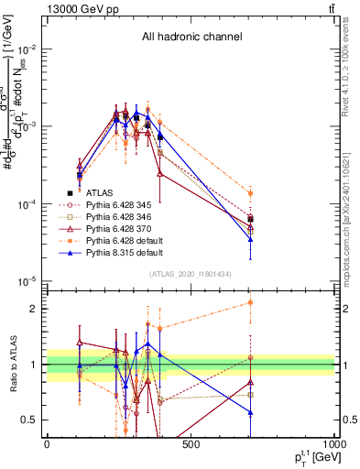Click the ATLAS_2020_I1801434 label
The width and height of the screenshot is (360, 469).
coord(191,275)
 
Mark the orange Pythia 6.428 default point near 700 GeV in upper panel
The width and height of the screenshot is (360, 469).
coord(251,193)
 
